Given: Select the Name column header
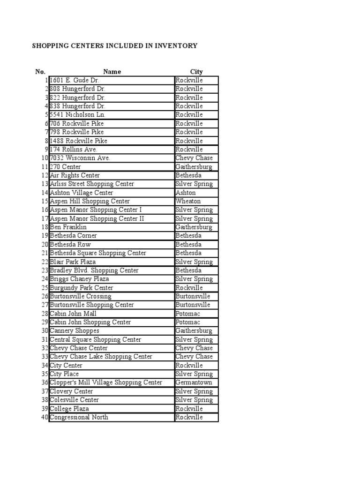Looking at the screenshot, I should [x=112, y=72].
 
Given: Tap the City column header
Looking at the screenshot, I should [x=196, y=72].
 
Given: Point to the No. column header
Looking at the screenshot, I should [x=40, y=72].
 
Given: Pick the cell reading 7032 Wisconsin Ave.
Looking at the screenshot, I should [x=80, y=158].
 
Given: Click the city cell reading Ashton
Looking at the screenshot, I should [x=186, y=193].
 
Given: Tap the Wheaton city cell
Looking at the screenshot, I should [x=188, y=201].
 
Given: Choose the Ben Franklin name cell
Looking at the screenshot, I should [x=68, y=227].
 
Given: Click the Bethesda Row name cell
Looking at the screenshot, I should [x=70, y=244].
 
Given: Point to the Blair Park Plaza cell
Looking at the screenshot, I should [x=73, y=262].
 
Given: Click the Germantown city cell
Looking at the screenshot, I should [x=194, y=382].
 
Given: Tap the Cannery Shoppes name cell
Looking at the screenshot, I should [x=75, y=331].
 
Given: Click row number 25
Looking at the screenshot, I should [x=45, y=288].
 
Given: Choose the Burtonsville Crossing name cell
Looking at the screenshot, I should [x=81, y=296].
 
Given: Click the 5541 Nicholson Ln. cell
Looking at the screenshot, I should [x=78, y=115].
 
